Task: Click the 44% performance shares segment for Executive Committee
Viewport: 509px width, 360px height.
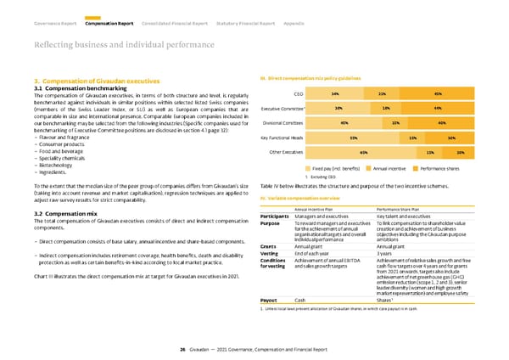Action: [x=436, y=108]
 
